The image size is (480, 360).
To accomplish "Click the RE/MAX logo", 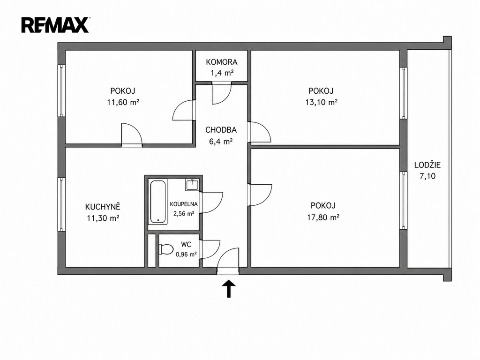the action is [x=55, y=25].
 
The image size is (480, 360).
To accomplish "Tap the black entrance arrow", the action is [x=229, y=289].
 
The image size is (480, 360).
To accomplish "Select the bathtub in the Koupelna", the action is [x=158, y=202].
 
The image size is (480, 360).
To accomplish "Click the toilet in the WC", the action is [x=165, y=249].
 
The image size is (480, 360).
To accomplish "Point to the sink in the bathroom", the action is [x=192, y=185].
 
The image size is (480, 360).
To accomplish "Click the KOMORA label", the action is [x=222, y=62].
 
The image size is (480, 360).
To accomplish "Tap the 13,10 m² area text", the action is [x=321, y=102].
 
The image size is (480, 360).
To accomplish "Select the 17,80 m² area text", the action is [x=323, y=217].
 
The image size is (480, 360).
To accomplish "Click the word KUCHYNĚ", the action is [x=103, y=207].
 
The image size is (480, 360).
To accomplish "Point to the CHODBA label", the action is [x=221, y=130].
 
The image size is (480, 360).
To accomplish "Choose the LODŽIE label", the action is [x=427, y=165].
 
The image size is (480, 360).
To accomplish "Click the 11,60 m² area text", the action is [x=123, y=102].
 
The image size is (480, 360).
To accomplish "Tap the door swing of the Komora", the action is [x=222, y=93].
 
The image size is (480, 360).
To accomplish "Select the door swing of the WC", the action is [x=210, y=249].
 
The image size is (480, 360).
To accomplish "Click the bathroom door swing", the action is [x=211, y=202].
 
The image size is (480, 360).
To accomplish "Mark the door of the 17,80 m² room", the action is [x=260, y=195].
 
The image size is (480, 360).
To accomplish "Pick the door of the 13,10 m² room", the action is [x=260, y=132].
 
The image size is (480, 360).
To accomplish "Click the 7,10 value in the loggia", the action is [x=427, y=176].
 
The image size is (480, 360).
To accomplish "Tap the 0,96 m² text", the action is [x=186, y=254].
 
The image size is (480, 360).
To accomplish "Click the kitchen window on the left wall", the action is [x=62, y=205].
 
